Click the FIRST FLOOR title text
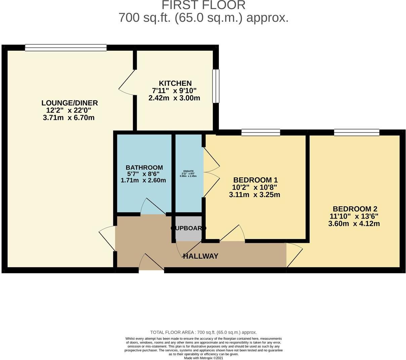(203, 5)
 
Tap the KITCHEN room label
(175, 83)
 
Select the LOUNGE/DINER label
(70, 103)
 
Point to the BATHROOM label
(144, 167)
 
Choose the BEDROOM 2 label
(354, 209)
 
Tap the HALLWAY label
(201, 256)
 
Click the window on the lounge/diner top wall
(66, 48)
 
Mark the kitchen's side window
(216, 86)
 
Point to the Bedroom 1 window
(261, 133)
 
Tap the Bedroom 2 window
(357, 133)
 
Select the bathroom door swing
(153, 207)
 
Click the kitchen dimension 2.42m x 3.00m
(174, 98)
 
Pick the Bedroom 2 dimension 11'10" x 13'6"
(354, 216)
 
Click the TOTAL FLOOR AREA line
(203, 332)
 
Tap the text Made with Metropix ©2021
(203, 358)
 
